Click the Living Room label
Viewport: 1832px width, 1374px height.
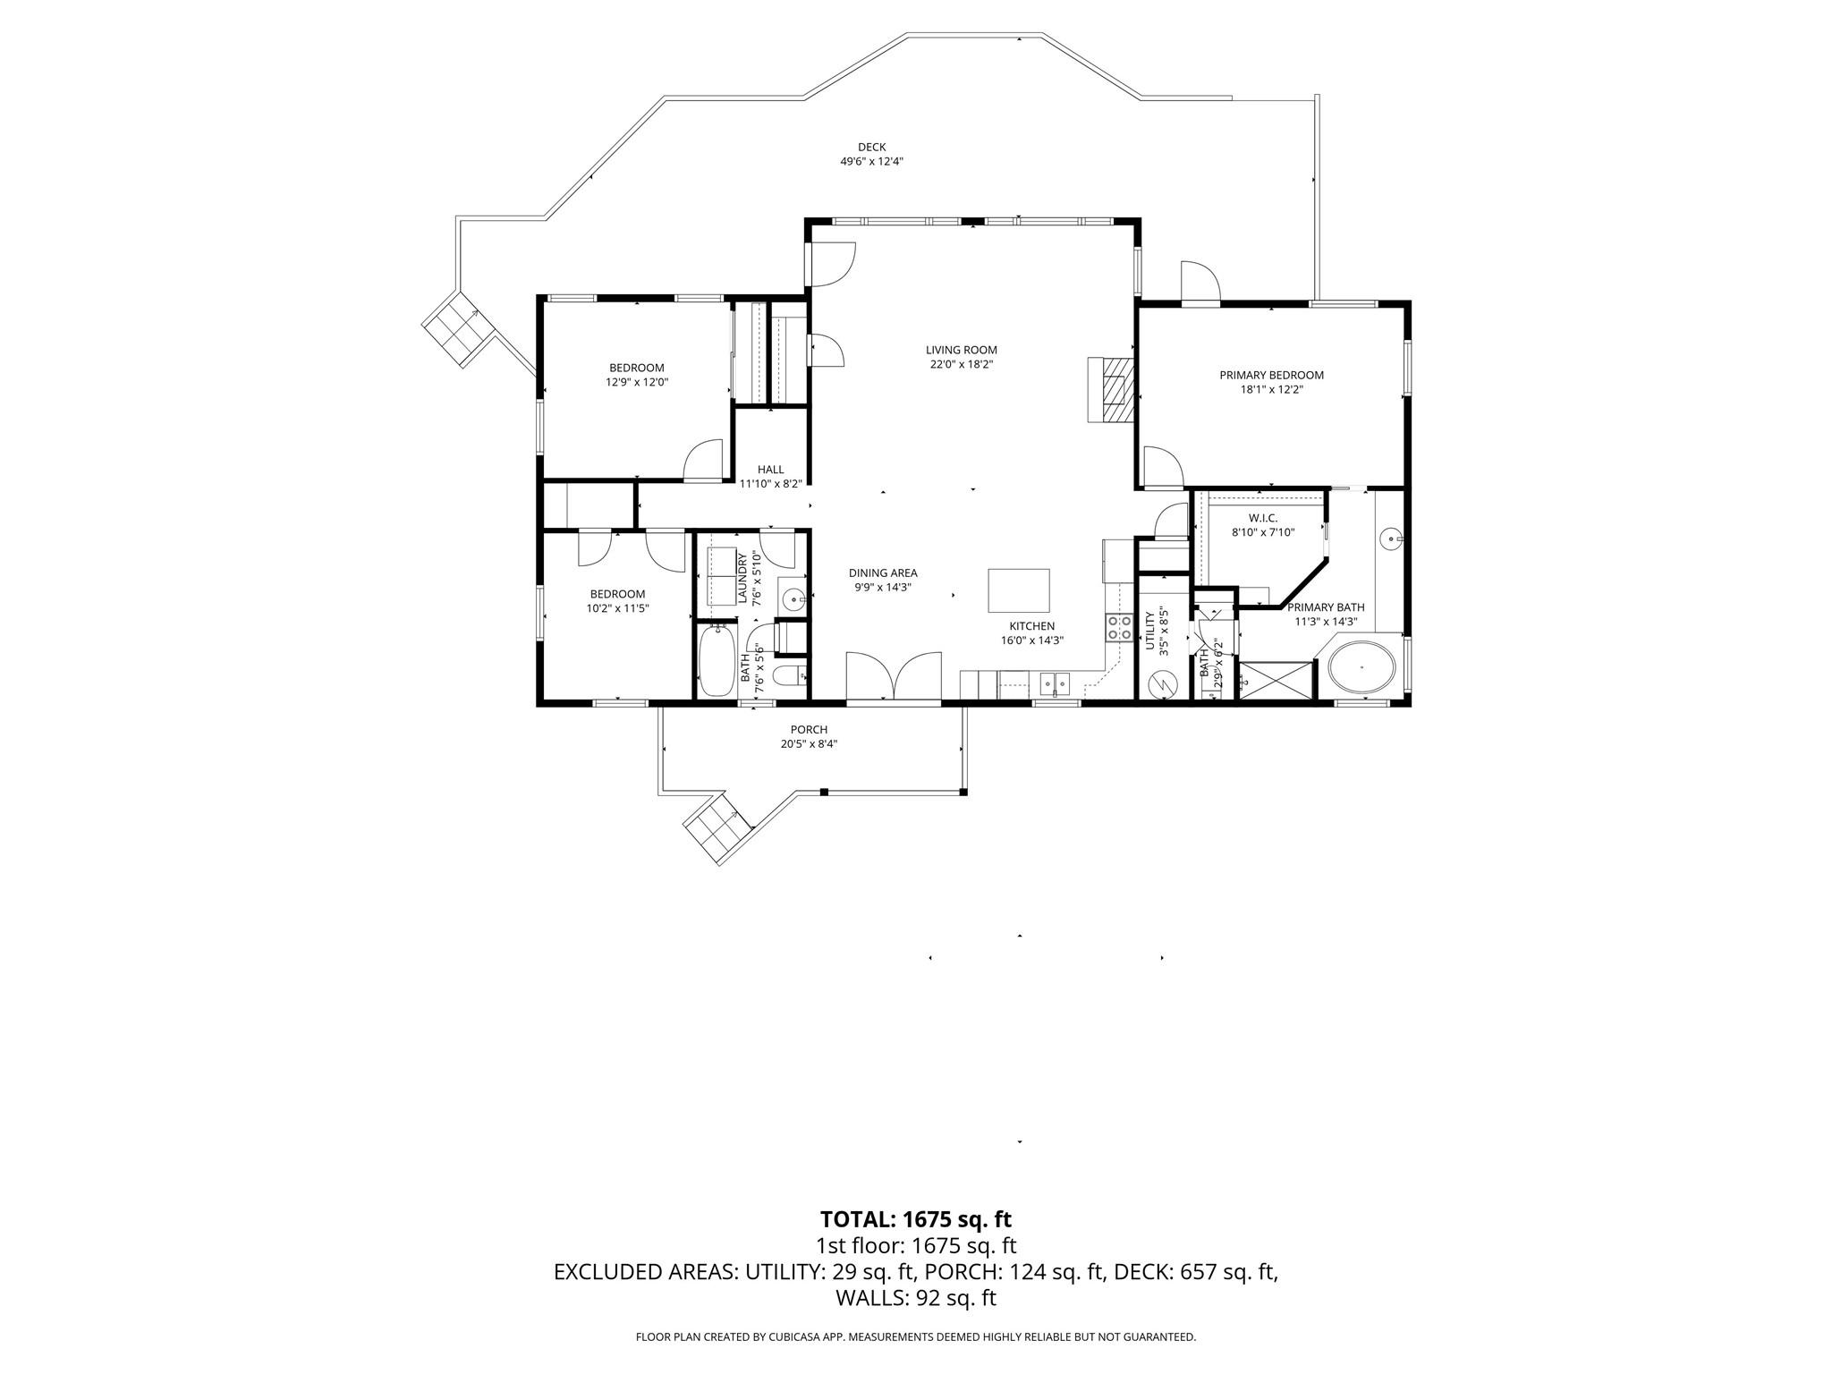pos(961,350)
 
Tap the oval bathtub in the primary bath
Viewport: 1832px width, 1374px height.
pos(1362,668)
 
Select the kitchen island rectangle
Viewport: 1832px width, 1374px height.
pos(1019,589)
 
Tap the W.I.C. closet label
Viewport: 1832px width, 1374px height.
pos(1262,518)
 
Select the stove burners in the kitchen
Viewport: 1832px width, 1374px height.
pos(1119,627)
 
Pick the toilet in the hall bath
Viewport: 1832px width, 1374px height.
pos(791,675)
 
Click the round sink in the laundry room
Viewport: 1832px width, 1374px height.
pos(793,598)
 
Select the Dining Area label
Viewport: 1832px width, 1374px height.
pos(883,573)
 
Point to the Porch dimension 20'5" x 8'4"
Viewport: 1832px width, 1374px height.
pos(809,743)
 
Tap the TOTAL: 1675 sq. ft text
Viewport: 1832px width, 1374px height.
pos(915,1219)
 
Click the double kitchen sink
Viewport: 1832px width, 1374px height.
pos(1054,685)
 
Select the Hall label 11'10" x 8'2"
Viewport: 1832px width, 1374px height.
pos(770,476)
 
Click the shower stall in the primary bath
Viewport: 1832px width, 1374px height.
pos(1276,679)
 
